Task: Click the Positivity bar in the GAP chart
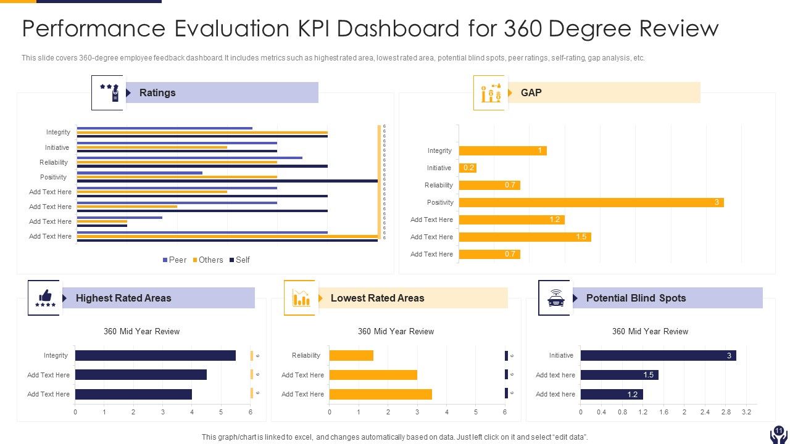tap(591, 202)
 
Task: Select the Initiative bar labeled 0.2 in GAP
tap(468, 168)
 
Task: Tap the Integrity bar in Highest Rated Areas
tap(155, 355)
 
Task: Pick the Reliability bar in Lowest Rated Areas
tap(351, 355)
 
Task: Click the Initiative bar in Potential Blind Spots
tap(658, 355)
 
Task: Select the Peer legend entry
tap(174, 260)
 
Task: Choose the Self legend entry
tap(239, 260)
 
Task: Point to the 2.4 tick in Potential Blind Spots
tap(705, 412)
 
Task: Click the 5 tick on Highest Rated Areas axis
tap(221, 412)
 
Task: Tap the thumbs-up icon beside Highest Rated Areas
tap(44, 298)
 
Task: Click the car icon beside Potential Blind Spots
tap(554, 298)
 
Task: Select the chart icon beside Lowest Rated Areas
tap(300, 298)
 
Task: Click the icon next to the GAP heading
tap(489, 93)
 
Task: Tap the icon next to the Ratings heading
tap(108, 93)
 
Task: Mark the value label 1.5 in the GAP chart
tap(581, 237)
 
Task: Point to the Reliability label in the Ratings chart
tap(54, 162)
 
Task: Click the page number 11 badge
tap(778, 431)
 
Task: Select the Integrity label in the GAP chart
tap(439, 150)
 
